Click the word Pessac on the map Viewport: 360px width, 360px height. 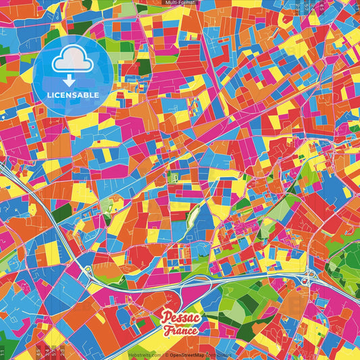coord(180,317)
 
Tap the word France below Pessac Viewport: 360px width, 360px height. coord(180,330)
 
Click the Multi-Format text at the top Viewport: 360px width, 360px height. coord(180,3)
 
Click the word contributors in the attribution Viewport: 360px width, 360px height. coord(218,354)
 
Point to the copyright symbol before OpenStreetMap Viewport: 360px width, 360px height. coord(166,354)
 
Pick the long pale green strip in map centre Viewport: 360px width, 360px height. coord(192,218)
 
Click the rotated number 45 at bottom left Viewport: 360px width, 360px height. coord(37,351)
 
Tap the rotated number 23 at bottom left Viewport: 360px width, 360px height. coord(63,351)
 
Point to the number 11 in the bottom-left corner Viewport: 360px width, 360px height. coord(3,352)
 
